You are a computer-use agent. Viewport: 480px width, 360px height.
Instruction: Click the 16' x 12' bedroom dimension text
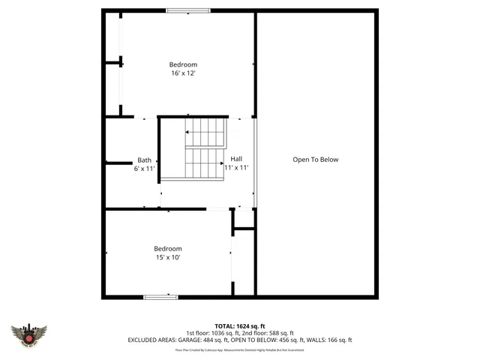click(182, 73)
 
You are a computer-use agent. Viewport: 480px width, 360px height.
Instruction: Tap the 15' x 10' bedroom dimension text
click(168, 257)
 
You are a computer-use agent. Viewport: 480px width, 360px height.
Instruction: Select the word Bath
click(144, 160)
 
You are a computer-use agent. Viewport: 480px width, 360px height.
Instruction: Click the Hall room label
click(236, 159)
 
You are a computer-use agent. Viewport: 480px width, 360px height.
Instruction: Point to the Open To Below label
click(316, 159)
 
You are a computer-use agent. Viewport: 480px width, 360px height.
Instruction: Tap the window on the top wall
click(188, 10)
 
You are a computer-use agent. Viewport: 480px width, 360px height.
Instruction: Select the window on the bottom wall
click(160, 297)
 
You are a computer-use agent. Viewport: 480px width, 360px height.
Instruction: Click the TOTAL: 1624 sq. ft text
click(240, 326)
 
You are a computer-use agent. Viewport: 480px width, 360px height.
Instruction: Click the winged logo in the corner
click(29, 335)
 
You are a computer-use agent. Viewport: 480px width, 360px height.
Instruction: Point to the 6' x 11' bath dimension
click(144, 169)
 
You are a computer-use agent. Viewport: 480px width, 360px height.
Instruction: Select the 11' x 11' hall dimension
click(236, 168)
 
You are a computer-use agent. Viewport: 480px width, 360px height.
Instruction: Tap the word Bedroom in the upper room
click(182, 64)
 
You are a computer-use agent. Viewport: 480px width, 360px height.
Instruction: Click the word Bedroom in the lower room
click(168, 249)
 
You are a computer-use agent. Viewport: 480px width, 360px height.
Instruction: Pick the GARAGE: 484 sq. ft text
click(203, 340)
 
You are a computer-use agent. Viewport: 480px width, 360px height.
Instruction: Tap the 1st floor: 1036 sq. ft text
click(214, 333)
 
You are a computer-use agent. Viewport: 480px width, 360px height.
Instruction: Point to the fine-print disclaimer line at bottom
click(240, 349)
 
